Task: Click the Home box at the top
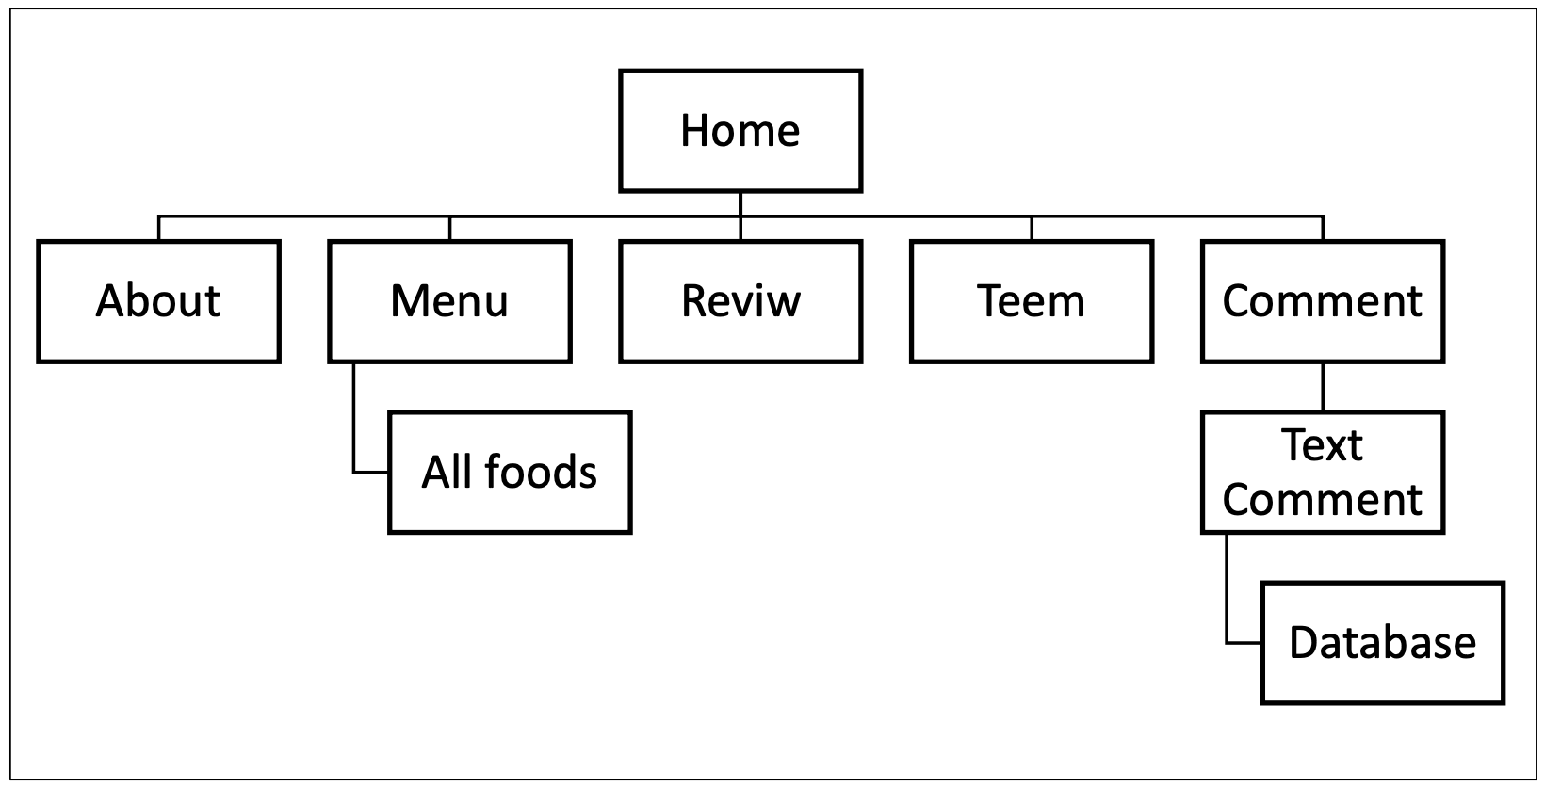(x=740, y=131)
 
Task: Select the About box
(x=158, y=301)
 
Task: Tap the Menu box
(x=449, y=301)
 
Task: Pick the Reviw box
(x=740, y=301)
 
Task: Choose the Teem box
(x=1032, y=301)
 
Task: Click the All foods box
(x=510, y=472)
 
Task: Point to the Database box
(x=1382, y=643)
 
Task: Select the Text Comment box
(x=1323, y=472)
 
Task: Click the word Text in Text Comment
(x=1323, y=445)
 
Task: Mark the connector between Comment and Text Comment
(x=1323, y=387)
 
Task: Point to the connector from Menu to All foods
(x=354, y=424)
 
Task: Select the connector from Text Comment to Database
(x=1227, y=593)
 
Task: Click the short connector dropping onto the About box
(x=158, y=229)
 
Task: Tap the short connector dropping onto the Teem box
(x=1032, y=229)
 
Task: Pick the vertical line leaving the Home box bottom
(x=740, y=204)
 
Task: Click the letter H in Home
(x=693, y=131)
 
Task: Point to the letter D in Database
(x=1302, y=643)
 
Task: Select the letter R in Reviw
(x=693, y=301)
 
